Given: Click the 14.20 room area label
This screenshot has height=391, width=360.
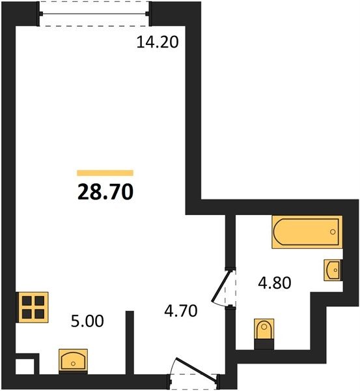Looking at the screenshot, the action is pyautogui.click(x=158, y=42).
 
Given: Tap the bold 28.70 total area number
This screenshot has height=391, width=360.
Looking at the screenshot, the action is pyautogui.click(x=105, y=192).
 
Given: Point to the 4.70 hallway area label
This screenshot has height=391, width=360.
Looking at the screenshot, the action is pyautogui.click(x=181, y=311).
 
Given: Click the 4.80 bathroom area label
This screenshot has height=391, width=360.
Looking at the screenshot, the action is pyautogui.click(x=275, y=283).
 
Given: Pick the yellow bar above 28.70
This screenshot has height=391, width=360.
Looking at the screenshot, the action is pyautogui.click(x=105, y=173).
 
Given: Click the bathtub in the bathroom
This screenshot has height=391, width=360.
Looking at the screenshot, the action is pyautogui.click(x=307, y=232).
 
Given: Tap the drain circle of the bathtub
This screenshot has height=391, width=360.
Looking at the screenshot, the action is pyautogui.click(x=333, y=232).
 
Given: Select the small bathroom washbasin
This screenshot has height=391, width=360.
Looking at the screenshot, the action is pyautogui.click(x=333, y=270).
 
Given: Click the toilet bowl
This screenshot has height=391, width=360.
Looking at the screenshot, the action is pyautogui.click(x=264, y=329).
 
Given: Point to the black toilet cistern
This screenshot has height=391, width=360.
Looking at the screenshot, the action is pyautogui.click(x=264, y=345).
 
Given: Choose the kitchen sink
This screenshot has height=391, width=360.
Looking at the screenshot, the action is pyautogui.click(x=73, y=360).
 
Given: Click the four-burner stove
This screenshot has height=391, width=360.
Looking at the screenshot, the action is pyautogui.click(x=33, y=307).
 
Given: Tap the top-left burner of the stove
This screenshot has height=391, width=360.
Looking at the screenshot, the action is pyautogui.click(x=27, y=301).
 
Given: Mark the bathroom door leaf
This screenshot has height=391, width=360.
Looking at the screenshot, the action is pyautogui.click(x=220, y=285).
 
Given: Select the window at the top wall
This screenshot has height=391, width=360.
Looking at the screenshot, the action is pyautogui.click(x=94, y=14).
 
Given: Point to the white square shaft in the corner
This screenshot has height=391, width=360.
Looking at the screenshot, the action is pyautogui.click(x=25, y=366).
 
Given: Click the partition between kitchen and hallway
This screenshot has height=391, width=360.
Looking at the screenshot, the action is pyautogui.click(x=130, y=342).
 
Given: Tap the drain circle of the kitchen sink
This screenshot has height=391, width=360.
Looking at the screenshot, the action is pyautogui.click(x=73, y=364).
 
